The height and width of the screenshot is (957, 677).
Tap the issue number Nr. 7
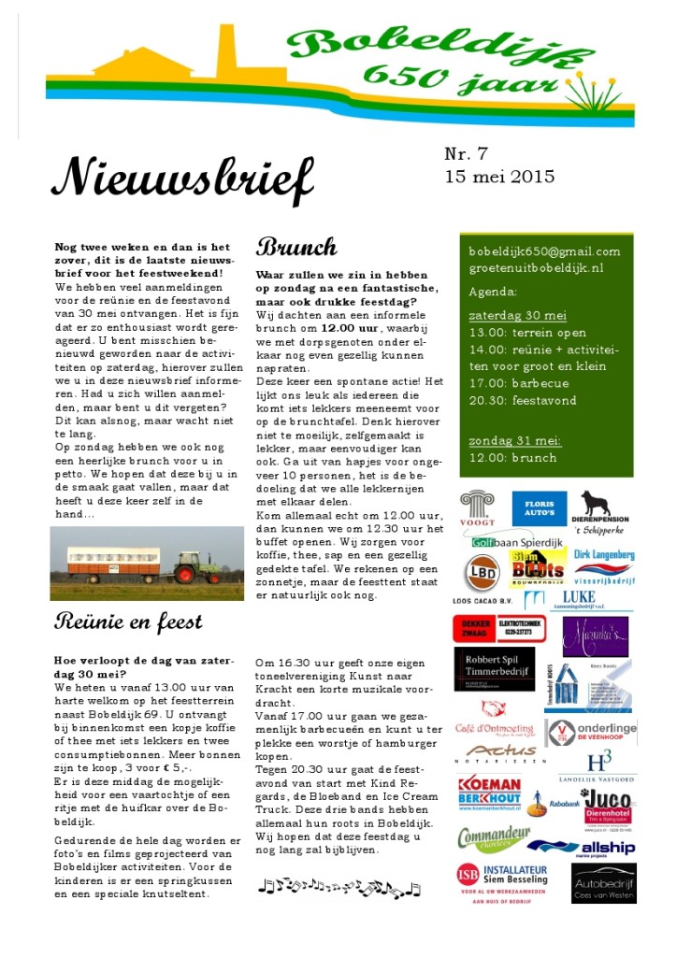pyautogui.click(x=466, y=154)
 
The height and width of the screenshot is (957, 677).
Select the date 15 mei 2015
pyautogui.click(x=499, y=177)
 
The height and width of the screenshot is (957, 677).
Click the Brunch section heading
pyautogui.click(x=296, y=248)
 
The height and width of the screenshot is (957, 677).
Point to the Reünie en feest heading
pyautogui.click(x=128, y=621)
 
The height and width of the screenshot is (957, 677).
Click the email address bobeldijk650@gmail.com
pyautogui.click(x=544, y=251)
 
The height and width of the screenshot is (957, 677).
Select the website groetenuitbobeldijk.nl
pyautogui.click(x=536, y=267)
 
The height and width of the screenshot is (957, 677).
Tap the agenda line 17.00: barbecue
pyautogui.click(x=523, y=383)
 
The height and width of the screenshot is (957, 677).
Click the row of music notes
pyautogui.click(x=339, y=888)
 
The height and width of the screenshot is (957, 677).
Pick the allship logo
pyautogui.click(x=597, y=848)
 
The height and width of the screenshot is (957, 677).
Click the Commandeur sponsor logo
pyautogui.click(x=494, y=837)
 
